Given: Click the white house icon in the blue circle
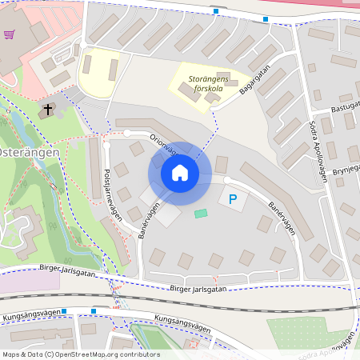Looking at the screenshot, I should click(x=179, y=172).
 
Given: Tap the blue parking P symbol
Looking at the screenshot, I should click(x=233, y=198).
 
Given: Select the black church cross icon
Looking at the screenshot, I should click(x=47, y=108).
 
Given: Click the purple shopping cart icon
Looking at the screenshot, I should click(x=10, y=34).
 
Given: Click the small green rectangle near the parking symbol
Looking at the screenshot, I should click(x=200, y=214).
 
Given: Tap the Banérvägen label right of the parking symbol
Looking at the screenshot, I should click(x=280, y=218).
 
